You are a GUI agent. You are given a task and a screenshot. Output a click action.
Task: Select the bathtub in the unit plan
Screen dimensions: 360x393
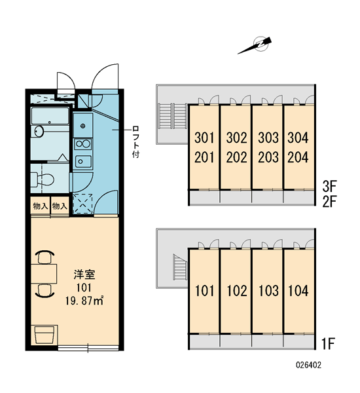pyautogui.click(x=50, y=116)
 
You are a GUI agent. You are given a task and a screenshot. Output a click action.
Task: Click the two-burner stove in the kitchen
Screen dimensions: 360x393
pyautogui.click(x=83, y=144)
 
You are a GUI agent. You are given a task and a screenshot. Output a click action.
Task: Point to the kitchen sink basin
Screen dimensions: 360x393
pyautogui.click(x=83, y=161)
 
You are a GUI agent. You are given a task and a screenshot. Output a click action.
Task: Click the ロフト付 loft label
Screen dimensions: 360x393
pyautogui.click(x=135, y=142)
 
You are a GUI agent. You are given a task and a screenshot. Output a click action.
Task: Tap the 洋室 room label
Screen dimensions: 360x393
pyautogui.click(x=84, y=274)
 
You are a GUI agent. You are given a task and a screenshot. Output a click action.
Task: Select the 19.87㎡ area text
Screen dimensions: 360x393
pyautogui.click(x=84, y=301)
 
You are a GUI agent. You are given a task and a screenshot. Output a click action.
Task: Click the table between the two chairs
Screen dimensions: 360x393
pyautogui.click(x=44, y=274)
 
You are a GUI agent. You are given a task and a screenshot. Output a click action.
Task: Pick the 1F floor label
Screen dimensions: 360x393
pyautogui.click(x=329, y=344)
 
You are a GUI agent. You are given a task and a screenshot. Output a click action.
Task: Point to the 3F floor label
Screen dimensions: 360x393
pyautogui.click(x=329, y=186)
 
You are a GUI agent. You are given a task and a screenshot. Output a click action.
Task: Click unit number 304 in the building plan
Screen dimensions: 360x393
pyautogui.click(x=298, y=138)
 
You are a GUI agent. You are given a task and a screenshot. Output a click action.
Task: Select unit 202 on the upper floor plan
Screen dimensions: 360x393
pyautogui.click(x=236, y=158)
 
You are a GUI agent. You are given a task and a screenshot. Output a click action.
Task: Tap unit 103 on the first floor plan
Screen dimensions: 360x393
pyautogui.click(x=268, y=291)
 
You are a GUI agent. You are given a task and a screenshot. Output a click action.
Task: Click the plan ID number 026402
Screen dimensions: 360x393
pyautogui.click(x=308, y=365)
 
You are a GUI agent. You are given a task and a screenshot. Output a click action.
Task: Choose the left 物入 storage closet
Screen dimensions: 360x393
pyautogui.click(x=41, y=206)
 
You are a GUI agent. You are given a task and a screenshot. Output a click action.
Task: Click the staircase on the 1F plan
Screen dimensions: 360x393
pyautogui.click(x=180, y=267)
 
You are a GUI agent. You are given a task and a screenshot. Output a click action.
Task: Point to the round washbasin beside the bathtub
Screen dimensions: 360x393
pyautogui.click(x=39, y=132)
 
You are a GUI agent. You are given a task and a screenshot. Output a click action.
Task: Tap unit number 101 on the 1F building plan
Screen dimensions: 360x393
pyautogui.click(x=204, y=291)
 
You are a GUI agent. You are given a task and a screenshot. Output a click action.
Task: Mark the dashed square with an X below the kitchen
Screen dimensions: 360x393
pyautogui.click(x=82, y=204)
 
